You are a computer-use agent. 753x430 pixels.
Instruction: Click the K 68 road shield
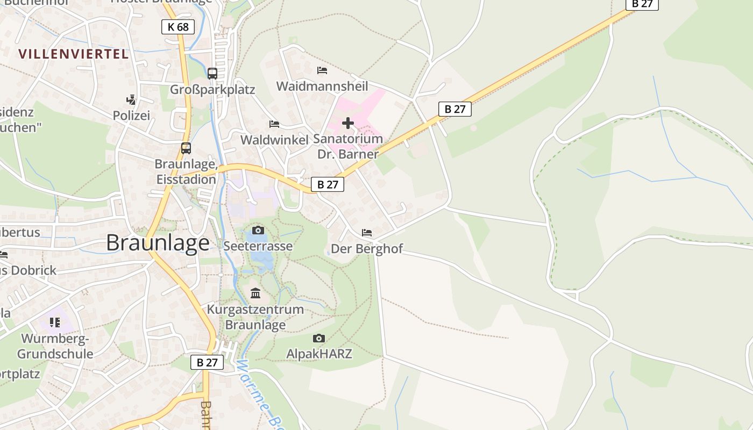(177, 27)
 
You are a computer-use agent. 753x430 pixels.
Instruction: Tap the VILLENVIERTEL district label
(74, 54)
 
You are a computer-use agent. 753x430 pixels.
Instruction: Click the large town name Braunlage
(158, 243)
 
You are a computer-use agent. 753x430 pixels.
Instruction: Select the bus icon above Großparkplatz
(212, 74)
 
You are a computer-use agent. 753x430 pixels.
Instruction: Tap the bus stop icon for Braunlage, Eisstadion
(186, 148)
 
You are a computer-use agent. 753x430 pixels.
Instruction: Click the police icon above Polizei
(131, 99)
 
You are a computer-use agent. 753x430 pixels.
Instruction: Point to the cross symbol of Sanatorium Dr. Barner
(348, 123)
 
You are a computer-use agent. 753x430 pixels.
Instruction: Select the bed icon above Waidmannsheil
(322, 70)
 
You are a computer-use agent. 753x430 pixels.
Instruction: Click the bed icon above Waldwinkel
(274, 124)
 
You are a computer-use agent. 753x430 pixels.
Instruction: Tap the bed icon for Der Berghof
(367, 233)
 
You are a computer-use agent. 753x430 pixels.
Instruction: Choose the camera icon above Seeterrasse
(258, 230)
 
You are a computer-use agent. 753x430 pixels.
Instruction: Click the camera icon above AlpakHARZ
(319, 338)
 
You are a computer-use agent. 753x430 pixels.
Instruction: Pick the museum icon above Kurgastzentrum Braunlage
(255, 293)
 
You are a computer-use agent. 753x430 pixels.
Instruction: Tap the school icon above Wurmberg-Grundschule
(55, 322)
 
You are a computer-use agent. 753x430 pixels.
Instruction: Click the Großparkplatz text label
(212, 89)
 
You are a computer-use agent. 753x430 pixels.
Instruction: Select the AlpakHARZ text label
(319, 354)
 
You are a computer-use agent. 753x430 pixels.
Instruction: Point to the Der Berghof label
(367, 248)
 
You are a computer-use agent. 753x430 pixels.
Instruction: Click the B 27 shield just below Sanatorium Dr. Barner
(327, 184)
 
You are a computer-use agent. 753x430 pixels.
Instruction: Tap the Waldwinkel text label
(274, 140)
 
